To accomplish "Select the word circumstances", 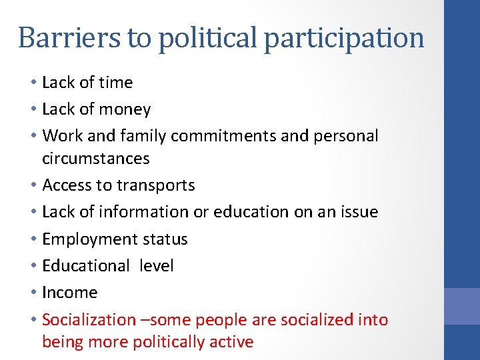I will pyautogui.click(x=95, y=159).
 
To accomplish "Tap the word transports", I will pyautogui.click(x=160, y=185).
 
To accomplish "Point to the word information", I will pyautogui.click(x=139, y=212).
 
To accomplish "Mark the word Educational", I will pyautogui.click(x=85, y=266).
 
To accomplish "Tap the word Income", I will pyautogui.click(x=69, y=293).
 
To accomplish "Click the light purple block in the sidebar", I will pyautogui.click(x=462, y=306).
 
